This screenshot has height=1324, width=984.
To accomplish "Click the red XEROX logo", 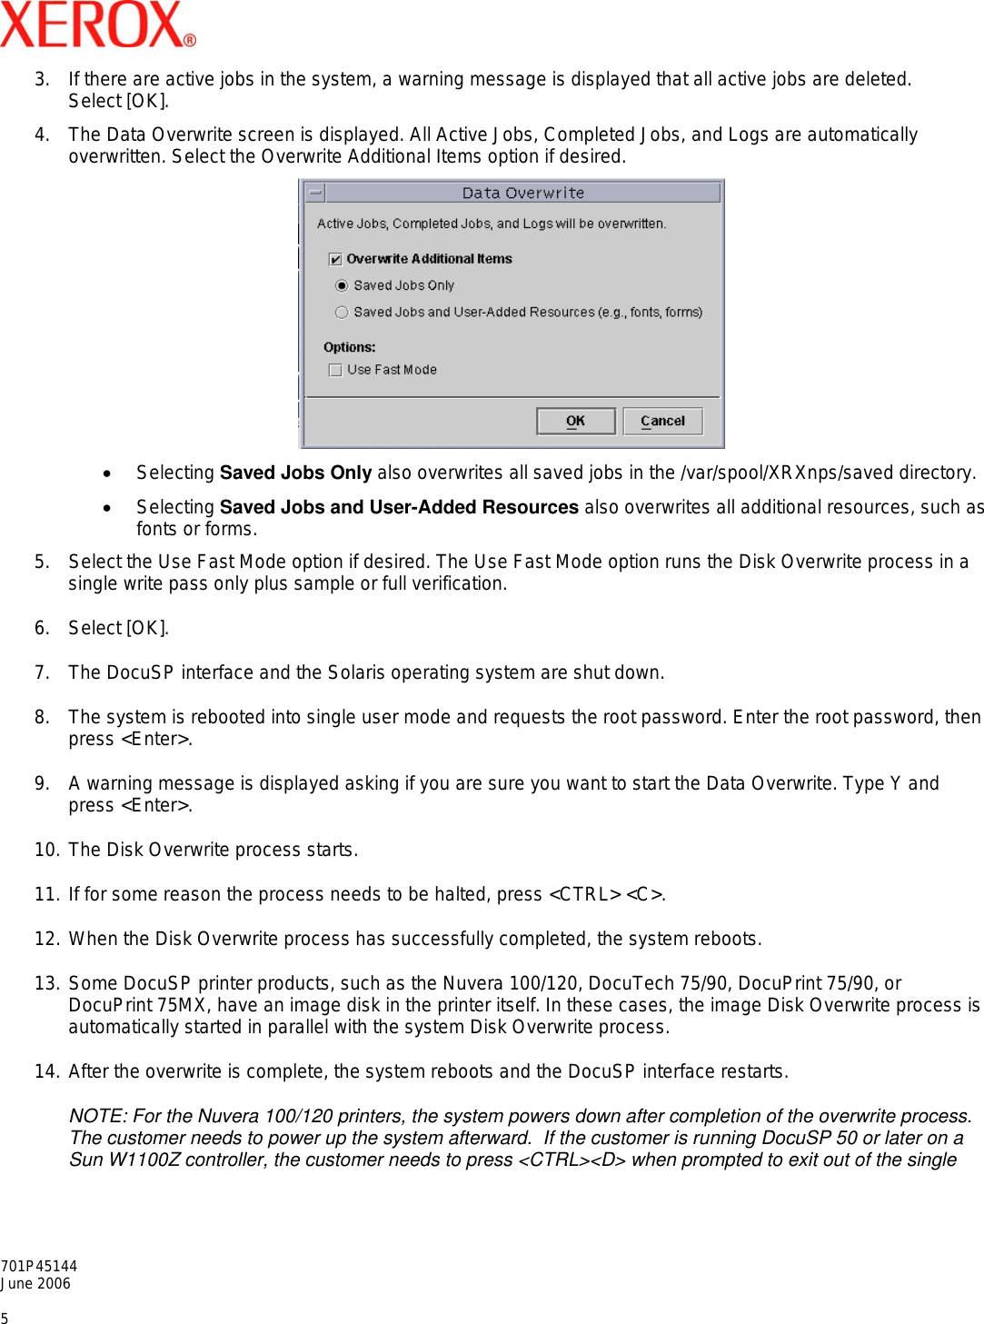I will point(97,25).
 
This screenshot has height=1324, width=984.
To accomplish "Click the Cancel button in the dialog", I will point(662,421).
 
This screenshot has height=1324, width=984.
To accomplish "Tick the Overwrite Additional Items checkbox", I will point(336,259).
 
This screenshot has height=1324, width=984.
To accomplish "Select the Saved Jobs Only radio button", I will point(342,285).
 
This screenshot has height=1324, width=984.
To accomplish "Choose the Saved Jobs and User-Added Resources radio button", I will point(342,313).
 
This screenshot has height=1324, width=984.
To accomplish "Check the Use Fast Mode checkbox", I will point(335,370).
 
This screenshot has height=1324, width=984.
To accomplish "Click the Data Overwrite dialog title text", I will point(522,193).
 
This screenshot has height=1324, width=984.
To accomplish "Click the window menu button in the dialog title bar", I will point(315,193).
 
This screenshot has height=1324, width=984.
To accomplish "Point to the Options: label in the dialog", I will point(349,347).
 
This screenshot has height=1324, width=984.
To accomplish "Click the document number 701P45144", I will point(39,1266).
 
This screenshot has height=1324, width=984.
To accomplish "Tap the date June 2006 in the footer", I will point(36,1283).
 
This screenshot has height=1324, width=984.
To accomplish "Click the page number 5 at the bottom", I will point(5,1318).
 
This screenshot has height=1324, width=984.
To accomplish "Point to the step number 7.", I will point(42,672).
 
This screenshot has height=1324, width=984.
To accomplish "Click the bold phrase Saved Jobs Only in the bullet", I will point(295,473).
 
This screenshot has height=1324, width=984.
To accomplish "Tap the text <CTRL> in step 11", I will point(585,894).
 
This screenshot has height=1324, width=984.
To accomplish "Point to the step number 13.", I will point(46,983).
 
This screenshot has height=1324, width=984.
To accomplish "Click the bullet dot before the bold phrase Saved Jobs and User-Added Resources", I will point(107,508).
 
